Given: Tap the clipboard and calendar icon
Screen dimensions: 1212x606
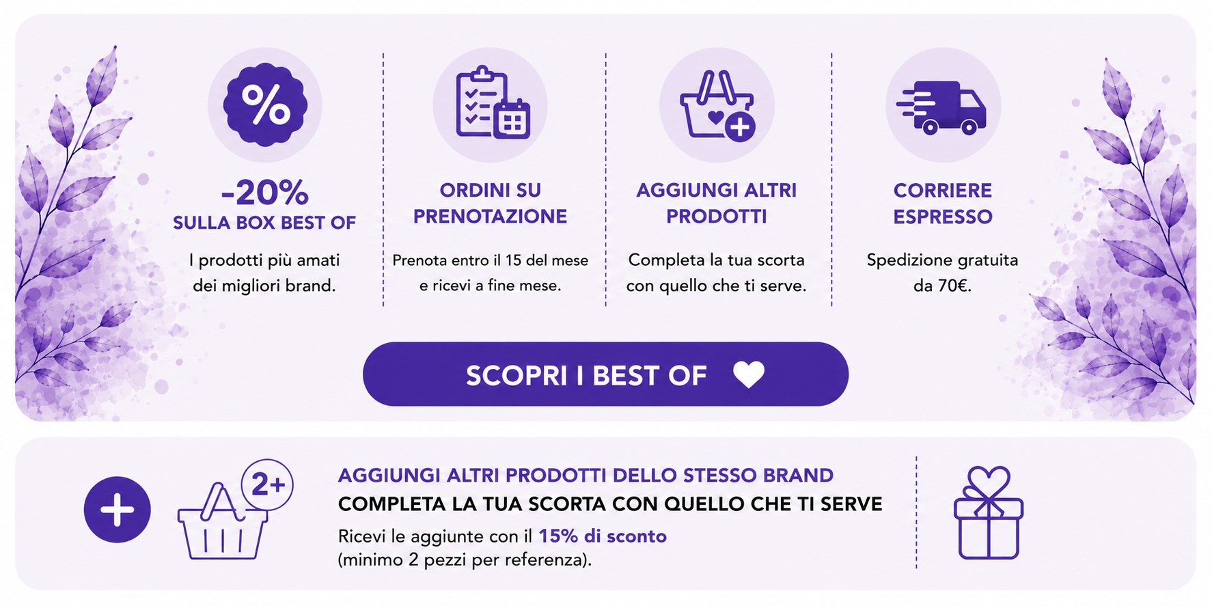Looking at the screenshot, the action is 492,102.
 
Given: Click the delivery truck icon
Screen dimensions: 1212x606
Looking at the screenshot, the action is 941,107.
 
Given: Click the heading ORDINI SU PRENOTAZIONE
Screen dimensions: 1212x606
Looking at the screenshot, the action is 490,203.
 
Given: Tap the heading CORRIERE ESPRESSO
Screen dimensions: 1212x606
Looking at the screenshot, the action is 943,203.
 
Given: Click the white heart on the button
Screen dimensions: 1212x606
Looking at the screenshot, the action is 749,374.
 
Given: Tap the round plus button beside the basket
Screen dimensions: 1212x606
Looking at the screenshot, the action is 118,510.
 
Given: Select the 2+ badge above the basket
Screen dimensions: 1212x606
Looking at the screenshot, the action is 267,485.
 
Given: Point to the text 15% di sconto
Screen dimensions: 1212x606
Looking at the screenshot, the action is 603,536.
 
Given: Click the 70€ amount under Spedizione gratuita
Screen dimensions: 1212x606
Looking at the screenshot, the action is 952,286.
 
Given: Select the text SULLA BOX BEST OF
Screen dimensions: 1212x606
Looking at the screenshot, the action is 264,223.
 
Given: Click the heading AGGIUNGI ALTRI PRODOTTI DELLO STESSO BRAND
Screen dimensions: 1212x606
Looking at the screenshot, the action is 586,475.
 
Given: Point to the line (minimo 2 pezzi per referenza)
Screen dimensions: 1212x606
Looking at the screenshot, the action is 465,560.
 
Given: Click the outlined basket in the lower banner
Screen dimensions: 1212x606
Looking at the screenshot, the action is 222,521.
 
